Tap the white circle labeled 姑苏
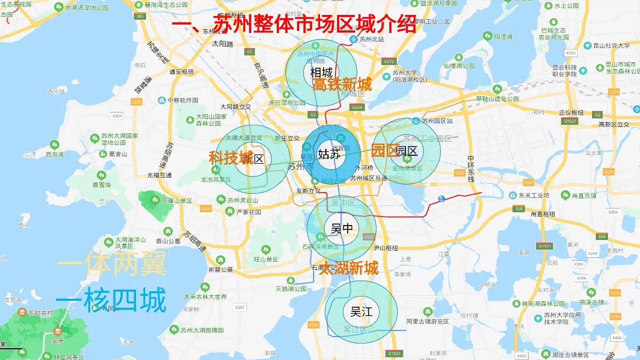click(x=329, y=154)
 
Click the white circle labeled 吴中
click(x=341, y=229)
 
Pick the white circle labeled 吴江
click(x=361, y=312)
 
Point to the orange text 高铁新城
click(x=342, y=85)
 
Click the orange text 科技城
click(x=230, y=158)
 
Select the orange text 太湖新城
click(x=349, y=268)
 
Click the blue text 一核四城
click(x=110, y=301)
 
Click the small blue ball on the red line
click(x=441, y=199)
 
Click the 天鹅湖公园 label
click(x=291, y=289)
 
